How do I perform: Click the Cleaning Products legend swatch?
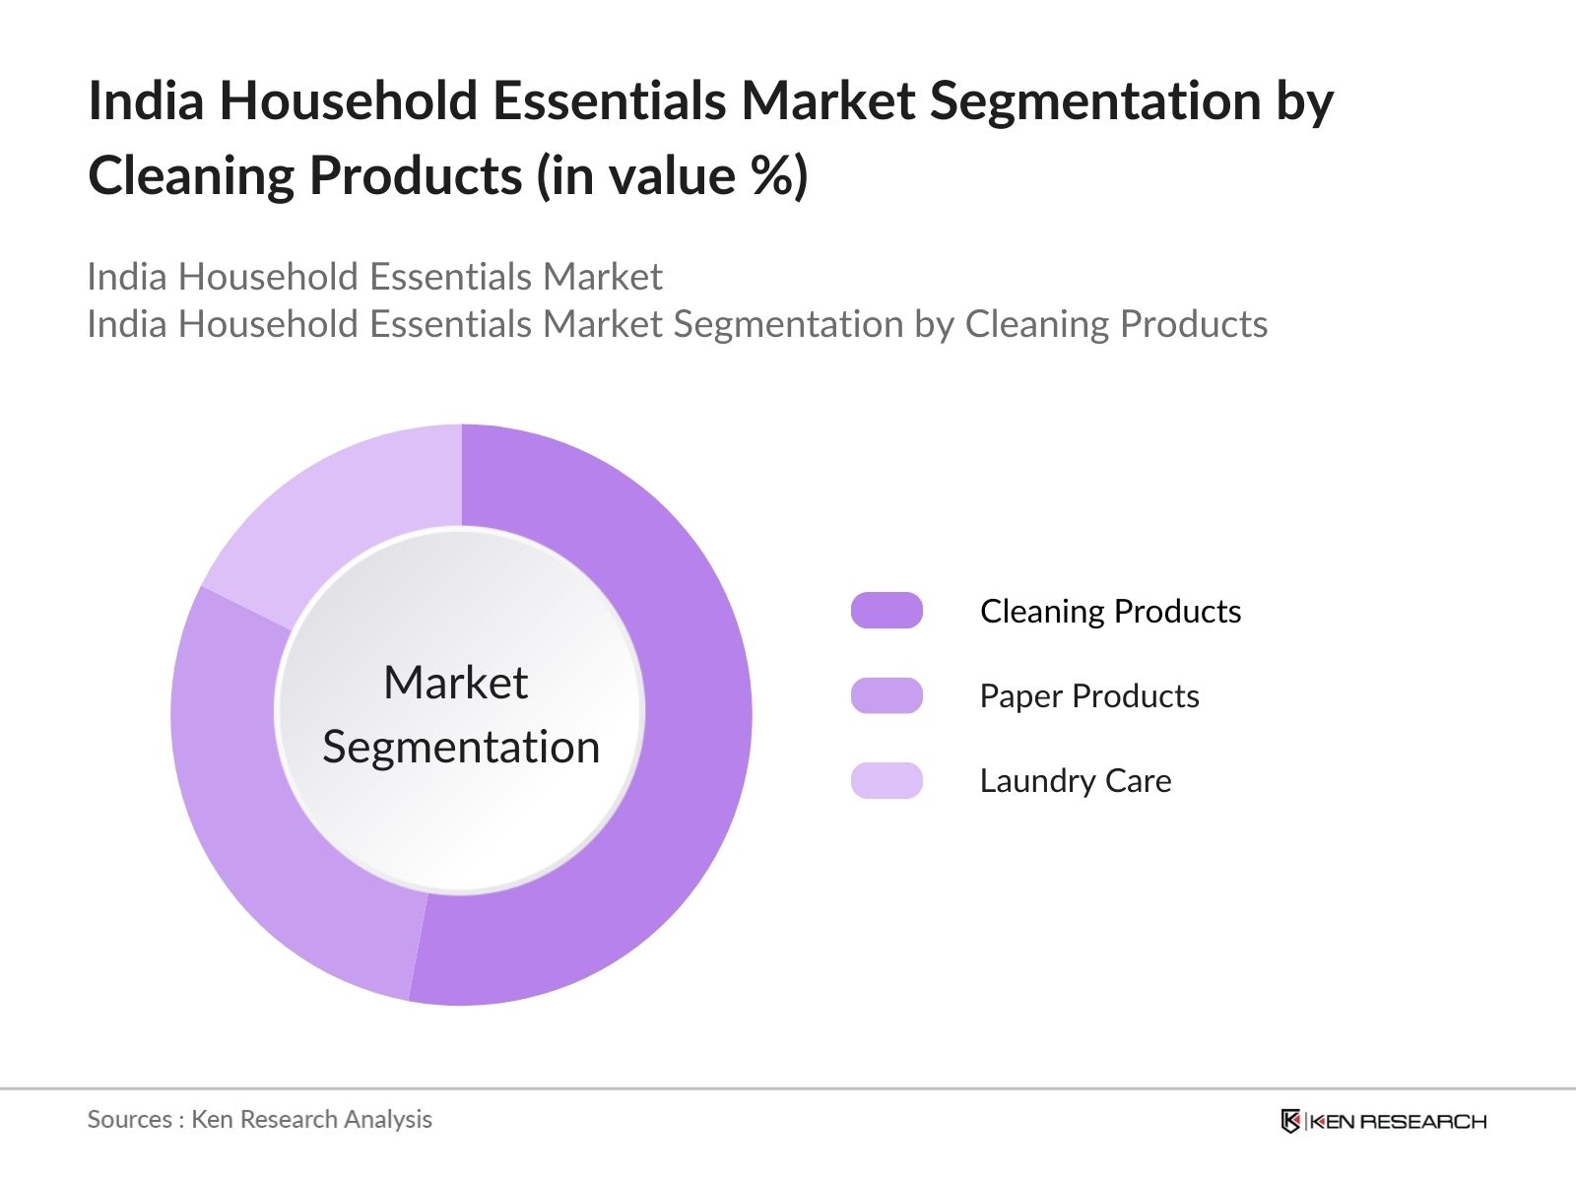[x=886, y=611]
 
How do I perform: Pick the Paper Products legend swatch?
[x=886, y=695]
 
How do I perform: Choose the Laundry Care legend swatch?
[x=886, y=780]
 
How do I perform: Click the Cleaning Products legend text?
[x=1110, y=612]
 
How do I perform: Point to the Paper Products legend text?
[x=1088, y=696]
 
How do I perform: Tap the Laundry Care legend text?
[x=1075, y=781]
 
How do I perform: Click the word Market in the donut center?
[x=455, y=683]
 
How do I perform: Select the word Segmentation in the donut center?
[x=461, y=747]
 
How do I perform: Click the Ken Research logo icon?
[x=1290, y=1121]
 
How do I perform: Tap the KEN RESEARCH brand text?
[x=1398, y=1121]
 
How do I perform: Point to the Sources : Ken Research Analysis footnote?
[x=259, y=1119]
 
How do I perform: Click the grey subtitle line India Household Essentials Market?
[x=374, y=277]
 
